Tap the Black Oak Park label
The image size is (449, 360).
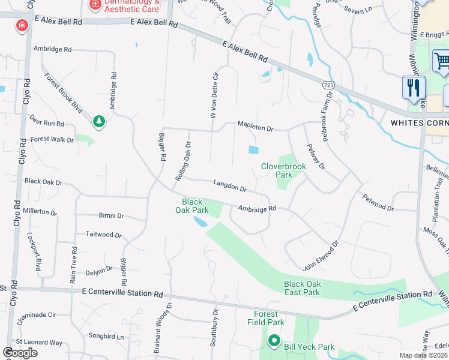click(192, 206)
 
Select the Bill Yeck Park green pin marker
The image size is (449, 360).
click(274, 342)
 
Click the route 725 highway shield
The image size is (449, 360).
click(327, 85)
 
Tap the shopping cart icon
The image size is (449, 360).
click(442, 61)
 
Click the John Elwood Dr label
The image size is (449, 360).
click(321, 255)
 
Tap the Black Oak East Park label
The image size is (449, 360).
click(302, 288)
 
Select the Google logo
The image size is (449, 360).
click(20, 352)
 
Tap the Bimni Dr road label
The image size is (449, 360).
click(111, 215)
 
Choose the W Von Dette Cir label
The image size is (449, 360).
click(213, 95)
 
